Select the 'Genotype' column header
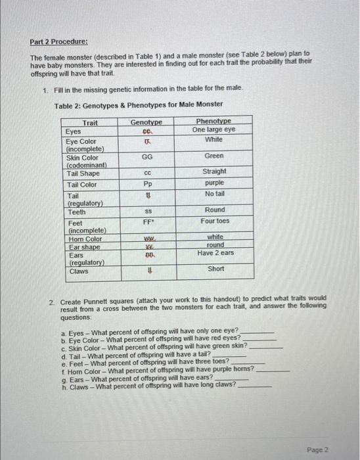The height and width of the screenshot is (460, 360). tap(145, 123)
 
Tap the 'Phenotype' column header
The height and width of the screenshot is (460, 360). tap(214, 122)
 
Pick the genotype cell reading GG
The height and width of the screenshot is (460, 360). tap(145, 156)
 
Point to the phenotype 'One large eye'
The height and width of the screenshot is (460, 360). tap(214, 130)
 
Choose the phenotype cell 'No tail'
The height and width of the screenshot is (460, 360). tap(214, 194)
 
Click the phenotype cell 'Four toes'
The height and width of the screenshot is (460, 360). tap(214, 221)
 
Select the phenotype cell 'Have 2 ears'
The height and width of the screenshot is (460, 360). tap(214, 253)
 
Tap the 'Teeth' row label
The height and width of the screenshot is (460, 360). tap(77, 212)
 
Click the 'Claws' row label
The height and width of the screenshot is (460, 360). tap(78, 271)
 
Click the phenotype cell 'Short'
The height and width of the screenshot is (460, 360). tap(215, 269)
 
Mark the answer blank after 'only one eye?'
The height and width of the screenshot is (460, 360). tap(257, 331)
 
